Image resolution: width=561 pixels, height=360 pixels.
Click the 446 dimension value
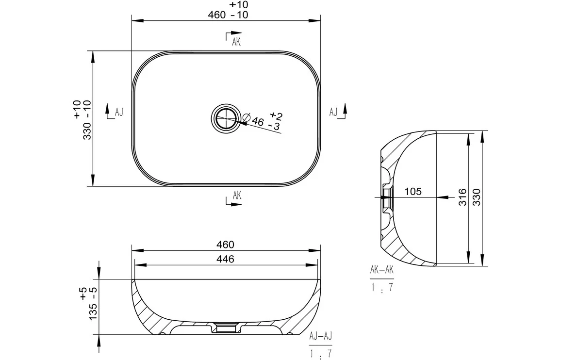coord(225,259)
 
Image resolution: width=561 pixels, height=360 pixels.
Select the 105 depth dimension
coord(413,192)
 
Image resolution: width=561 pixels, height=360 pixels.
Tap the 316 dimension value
coord(462,197)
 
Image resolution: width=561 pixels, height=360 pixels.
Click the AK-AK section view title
coord(382,270)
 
